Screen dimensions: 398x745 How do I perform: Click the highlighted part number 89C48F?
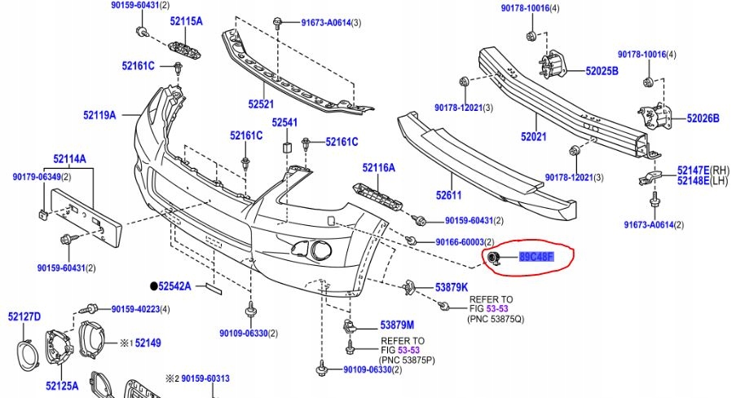point(536,258)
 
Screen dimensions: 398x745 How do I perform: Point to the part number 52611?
point(448,195)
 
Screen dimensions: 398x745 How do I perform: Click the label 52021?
point(533,136)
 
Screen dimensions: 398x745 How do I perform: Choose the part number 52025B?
point(602,71)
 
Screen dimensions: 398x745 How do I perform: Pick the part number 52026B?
point(703,118)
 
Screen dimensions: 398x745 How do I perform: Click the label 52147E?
point(693,170)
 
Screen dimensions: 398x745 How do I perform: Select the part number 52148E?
point(693,181)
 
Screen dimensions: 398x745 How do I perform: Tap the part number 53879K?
point(452,287)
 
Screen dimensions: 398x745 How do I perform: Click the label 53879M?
point(397,325)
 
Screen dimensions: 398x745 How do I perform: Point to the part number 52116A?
point(379,168)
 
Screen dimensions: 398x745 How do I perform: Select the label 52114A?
point(70,158)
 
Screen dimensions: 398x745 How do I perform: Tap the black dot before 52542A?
point(152,286)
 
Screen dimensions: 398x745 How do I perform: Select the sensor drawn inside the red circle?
point(493,259)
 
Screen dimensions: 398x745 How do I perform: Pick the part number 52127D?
point(24,316)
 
